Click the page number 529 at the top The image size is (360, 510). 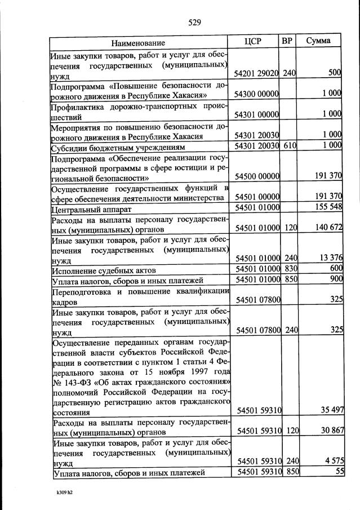coord(195,23)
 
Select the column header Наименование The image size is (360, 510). coord(138,42)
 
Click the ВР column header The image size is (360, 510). coord(288,41)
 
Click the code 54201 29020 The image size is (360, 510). coord(256,73)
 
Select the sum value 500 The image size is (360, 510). coord(335,73)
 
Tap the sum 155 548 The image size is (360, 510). coord(327,207)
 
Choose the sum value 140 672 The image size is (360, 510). coord(327,228)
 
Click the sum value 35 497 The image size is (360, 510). coord(330,410)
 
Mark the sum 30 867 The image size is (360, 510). coord(330,431)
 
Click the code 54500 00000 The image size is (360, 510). coord(256,176)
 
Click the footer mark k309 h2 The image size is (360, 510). coord(65,493)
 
